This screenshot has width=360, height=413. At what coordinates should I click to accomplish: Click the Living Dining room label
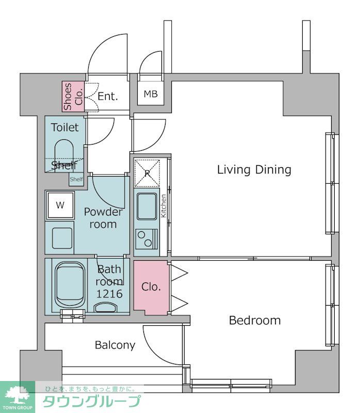click(x=254, y=170)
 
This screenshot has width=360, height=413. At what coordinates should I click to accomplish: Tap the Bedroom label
click(x=255, y=321)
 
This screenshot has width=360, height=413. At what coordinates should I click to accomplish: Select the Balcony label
click(x=115, y=345)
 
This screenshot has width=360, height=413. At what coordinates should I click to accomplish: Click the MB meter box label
click(x=151, y=94)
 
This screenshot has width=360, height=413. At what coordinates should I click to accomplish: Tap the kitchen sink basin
click(x=146, y=206)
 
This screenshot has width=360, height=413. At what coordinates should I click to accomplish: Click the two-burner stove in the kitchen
click(x=146, y=239)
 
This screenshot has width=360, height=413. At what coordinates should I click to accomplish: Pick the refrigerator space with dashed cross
click(x=147, y=173)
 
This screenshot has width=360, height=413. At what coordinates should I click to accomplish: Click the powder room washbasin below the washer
click(x=62, y=238)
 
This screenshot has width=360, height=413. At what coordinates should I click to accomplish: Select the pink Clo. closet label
click(x=151, y=287)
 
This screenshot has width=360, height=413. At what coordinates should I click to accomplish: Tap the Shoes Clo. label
click(x=73, y=97)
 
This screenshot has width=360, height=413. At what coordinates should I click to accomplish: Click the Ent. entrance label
click(x=108, y=97)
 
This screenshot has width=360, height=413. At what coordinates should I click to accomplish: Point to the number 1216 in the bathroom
click(x=109, y=294)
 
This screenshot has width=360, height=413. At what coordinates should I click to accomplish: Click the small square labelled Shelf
click(x=76, y=179)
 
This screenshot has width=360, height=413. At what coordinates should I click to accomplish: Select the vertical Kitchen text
click(x=163, y=206)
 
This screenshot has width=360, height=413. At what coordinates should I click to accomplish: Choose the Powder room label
click(x=103, y=218)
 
